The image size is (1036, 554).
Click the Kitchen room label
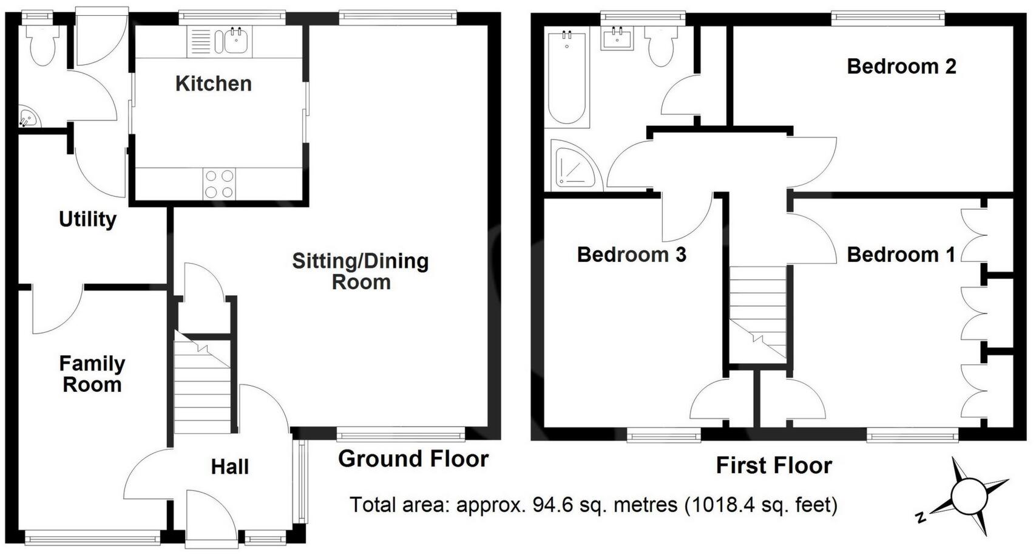tap(213, 84)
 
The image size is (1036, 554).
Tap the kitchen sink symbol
tap(235, 42)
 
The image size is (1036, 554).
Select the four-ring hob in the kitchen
tap(219, 184)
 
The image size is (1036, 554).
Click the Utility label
tap(87, 219)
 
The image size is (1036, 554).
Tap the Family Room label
tap(92, 374)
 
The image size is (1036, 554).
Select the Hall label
tap(229, 467)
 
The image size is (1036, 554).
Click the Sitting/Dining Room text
tap(361, 272)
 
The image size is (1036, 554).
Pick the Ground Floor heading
tap(413, 459)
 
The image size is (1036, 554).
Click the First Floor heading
tap(774, 466)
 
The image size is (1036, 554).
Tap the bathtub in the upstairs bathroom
tap(567, 79)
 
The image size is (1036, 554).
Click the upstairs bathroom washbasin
tap(617, 39)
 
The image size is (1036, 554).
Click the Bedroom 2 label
tap(901, 66)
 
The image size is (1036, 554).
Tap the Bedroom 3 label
tap(631, 255)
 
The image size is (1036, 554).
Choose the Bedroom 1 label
tap(901, 255)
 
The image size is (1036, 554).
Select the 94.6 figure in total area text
tap(552, 505)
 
